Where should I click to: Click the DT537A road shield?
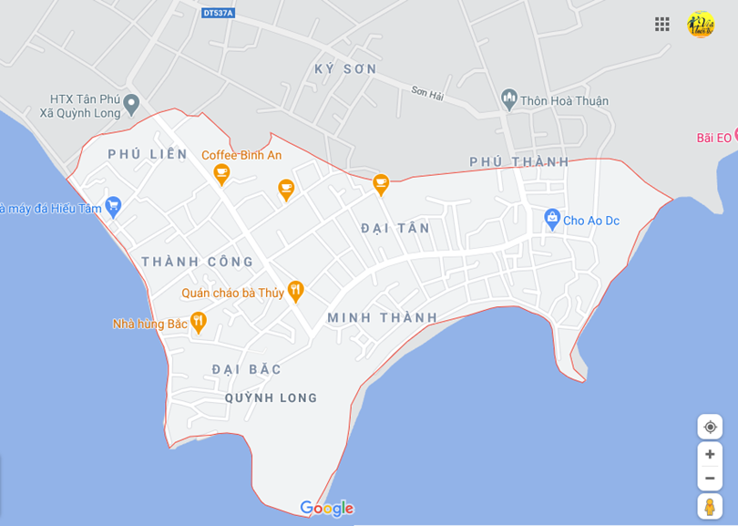218,13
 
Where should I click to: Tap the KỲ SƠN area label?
345,69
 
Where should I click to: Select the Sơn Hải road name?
426,93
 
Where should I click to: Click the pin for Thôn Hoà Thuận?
509,98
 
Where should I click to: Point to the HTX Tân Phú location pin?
131,104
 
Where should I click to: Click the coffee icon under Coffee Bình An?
221,174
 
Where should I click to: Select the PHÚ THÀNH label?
519,162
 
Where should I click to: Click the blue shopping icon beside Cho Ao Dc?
551,219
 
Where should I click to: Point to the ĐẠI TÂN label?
395,228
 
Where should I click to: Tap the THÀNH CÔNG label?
198,263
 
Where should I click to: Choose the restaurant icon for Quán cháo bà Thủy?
294,291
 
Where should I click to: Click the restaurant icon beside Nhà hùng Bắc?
198,322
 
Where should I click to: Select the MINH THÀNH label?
383,318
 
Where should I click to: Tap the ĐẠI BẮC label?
247,369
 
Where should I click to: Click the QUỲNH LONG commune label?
272,398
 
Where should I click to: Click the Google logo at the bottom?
326,508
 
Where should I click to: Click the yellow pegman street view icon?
710,506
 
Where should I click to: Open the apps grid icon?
662,25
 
